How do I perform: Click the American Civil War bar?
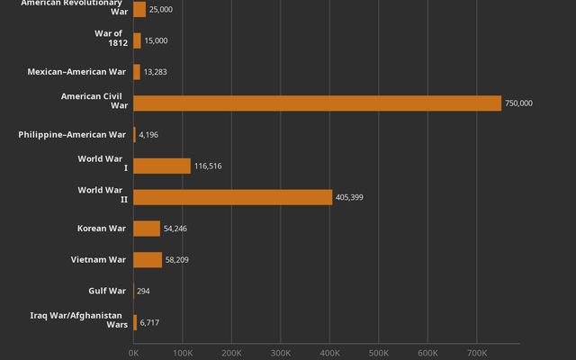(x=317, y=103)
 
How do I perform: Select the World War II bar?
(x=232, y=197)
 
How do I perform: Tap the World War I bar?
(x=162, y=166)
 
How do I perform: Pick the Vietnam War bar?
(x=148, y=260)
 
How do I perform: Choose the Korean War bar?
(x=147, y=229)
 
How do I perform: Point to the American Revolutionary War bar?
(x=139, y=9)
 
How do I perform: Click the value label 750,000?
(x=518, y=103)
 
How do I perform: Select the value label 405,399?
(x=349, y=197)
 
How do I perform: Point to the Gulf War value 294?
(x=143, y=291)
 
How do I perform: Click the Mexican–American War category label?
(x=77, y=72)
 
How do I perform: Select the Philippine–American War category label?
(x=72, y=135)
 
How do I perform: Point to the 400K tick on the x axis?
(x=329, y=353)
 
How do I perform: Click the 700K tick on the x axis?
(x=477, y=353)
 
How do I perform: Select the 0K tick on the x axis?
(x=133, y=353)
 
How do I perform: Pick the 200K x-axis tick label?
(x=231, y=353)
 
